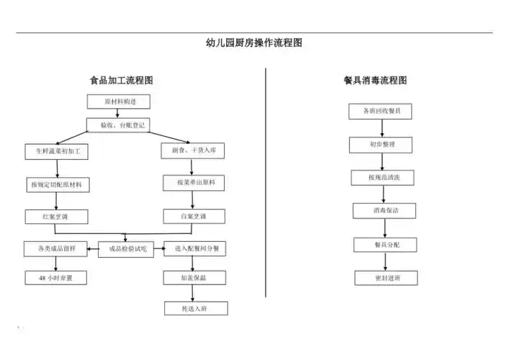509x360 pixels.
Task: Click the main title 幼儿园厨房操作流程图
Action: (x=254, y=42)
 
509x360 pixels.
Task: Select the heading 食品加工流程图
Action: (x=121, y=81)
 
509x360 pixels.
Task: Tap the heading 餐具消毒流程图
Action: (x=375, y=81)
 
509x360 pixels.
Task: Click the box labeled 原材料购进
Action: (x=118, y=102)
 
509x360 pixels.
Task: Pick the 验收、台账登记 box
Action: (x=118, y=125)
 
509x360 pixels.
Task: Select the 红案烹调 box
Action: (x=56, y=216)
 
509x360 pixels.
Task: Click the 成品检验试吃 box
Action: (x=127, y=249)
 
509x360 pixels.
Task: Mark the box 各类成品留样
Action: (x=56, y=249)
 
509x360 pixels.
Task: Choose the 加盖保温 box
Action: (x=194, y=277)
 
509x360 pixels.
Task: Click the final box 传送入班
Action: (x=196, y=308)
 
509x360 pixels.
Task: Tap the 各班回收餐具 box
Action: (x=382, y=111)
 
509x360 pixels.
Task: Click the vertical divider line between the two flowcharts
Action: (x=266, y=180)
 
